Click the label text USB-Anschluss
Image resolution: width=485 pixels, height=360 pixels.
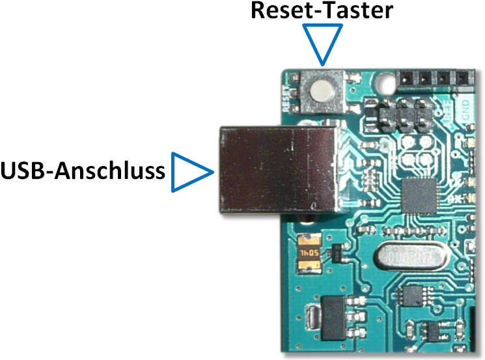pyautogui.click(x=83, y=172)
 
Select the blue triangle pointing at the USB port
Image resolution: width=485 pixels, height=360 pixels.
pyautogui.click(x=191, y=173)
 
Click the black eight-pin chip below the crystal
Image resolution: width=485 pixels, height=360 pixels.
pyautogui.click(x=413, y=297)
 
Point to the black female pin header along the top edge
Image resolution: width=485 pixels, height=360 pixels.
pyautogui.click(x=436, y=77)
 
